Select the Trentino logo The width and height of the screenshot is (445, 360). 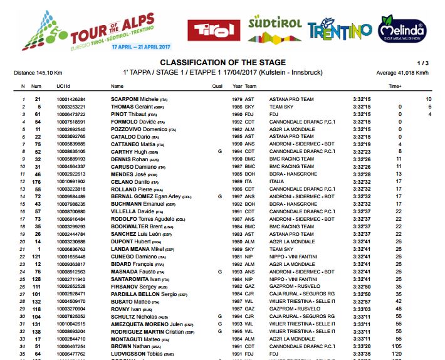click(339, 29)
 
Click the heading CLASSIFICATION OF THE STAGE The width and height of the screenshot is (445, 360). click(223, 63)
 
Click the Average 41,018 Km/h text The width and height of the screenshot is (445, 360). click(402, 73)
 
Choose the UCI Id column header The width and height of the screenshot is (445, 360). click(63, 86)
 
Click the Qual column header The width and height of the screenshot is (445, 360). click(217, 86)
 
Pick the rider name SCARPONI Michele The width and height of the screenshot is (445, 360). click(134, 99)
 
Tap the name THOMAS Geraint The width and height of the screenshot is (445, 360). click(133, 107)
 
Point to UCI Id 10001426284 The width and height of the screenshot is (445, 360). click(71, 99)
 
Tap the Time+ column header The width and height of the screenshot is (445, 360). click(395, 86)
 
